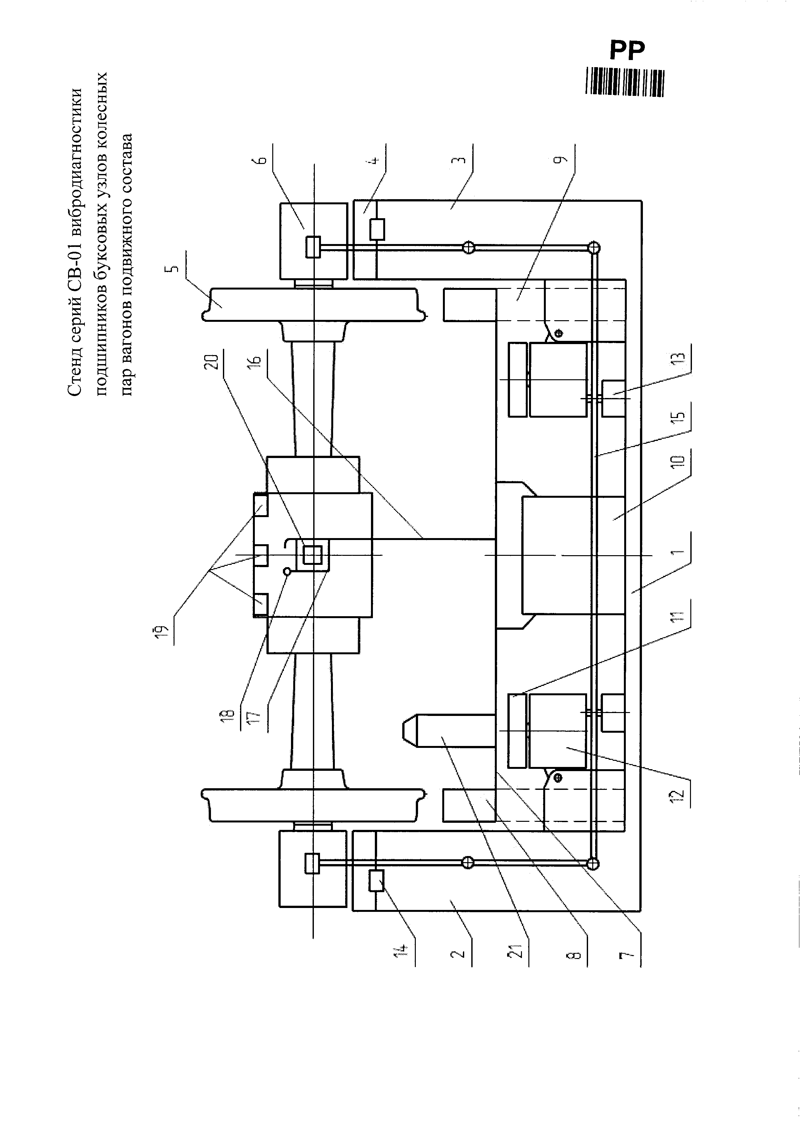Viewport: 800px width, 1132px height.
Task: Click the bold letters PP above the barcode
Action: pos(626,50)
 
